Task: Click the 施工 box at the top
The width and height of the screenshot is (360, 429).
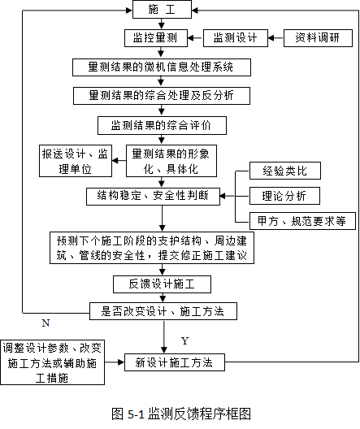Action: point(162,10)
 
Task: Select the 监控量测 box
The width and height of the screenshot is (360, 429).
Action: point(156,38)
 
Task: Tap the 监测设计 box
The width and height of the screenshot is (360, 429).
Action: point(235,38)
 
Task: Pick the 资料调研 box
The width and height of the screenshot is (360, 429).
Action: point(318,38)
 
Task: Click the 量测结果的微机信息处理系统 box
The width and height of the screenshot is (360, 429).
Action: point(162,67)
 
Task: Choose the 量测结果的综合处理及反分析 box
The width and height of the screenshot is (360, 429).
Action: point(162,96)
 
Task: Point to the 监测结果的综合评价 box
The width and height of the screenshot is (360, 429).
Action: point(162,126)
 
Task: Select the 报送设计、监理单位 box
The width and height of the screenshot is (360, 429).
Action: point(76,161)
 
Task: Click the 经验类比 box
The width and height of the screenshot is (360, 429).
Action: point(285,171)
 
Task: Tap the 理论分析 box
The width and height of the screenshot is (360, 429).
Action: point(284,196)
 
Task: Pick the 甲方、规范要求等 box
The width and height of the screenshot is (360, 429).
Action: point(302,221)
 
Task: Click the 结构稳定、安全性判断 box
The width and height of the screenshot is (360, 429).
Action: point(154,196)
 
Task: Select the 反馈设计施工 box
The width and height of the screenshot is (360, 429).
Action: point(162,284)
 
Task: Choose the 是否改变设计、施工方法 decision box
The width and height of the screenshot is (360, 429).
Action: point(163,311)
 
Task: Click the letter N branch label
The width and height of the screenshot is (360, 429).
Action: point(46,323)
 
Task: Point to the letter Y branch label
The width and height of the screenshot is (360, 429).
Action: point(185,341)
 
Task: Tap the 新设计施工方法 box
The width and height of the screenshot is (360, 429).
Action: point(175,362)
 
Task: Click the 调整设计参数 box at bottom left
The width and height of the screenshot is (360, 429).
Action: point(52,362)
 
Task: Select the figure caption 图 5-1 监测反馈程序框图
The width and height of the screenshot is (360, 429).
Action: point(181,414)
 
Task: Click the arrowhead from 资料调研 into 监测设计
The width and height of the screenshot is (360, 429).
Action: point(271,38)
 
